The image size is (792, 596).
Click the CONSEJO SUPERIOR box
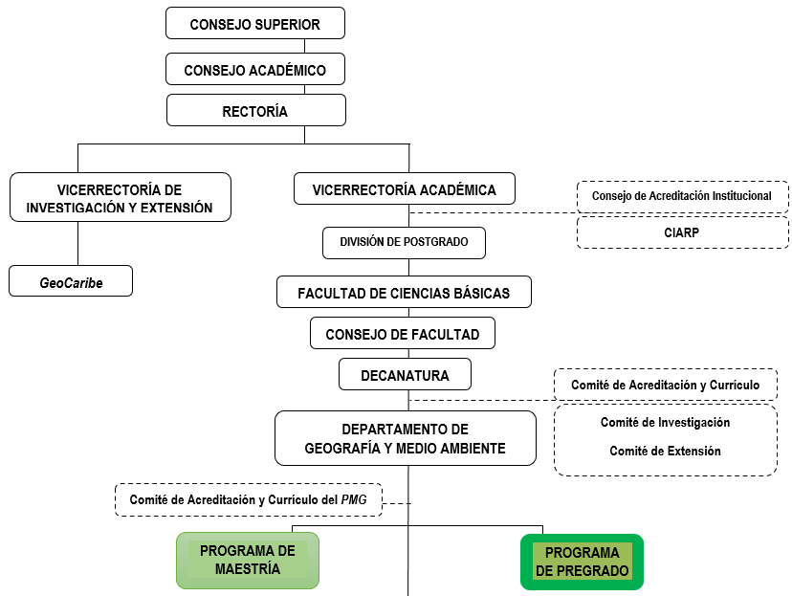coord(254,23)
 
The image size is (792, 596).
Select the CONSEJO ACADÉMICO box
coord(254,70)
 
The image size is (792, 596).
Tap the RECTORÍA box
coord(255,111)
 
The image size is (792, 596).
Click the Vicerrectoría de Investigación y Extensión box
coord(120,198)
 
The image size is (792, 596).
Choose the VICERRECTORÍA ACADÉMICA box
coord(404,189)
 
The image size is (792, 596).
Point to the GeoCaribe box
coord(71,282)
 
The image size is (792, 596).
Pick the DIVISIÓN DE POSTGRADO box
coord(404,242)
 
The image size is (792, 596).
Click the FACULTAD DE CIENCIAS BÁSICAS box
coord(404,292)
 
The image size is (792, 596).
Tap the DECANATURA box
coord(405,375)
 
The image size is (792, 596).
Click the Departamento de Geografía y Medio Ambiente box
coord(405,438)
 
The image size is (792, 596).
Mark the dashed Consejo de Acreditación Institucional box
coord(682,196)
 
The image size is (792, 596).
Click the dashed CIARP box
coord(683,232)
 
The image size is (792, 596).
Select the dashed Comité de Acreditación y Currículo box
coord(666,385)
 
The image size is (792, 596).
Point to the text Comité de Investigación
coord(665,422)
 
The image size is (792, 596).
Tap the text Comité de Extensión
coord(665,451)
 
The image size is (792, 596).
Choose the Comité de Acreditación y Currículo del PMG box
coord(249,499)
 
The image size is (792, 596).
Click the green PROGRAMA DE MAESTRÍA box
coord(247,560)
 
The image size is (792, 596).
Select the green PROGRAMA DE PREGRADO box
coord(582,562)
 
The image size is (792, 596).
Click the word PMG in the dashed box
coord(366,499)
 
